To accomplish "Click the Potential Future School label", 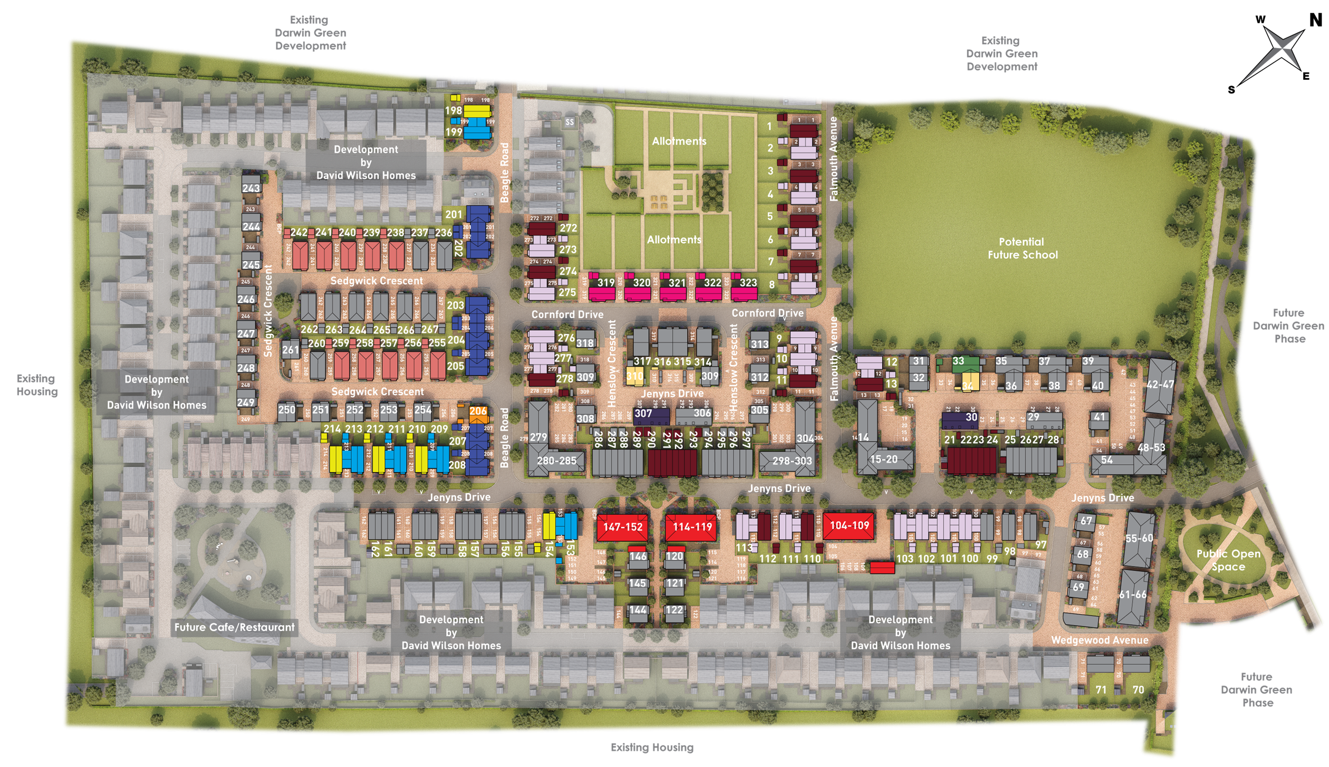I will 1022,248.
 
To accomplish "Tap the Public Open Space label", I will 1228,560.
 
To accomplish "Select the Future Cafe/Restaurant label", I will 235,627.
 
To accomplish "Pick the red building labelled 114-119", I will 692,526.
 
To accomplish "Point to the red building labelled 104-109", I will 849,525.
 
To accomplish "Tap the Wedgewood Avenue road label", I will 1100,640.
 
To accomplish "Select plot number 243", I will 251,188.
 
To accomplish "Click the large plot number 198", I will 454,111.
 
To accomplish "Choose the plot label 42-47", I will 1159,384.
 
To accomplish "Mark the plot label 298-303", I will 789,461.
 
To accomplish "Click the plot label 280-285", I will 556,461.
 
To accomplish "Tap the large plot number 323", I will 748,282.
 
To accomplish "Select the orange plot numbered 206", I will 478,411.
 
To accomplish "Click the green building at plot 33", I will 958,362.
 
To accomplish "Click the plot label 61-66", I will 1133,594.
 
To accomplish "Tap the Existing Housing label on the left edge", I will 36,385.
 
